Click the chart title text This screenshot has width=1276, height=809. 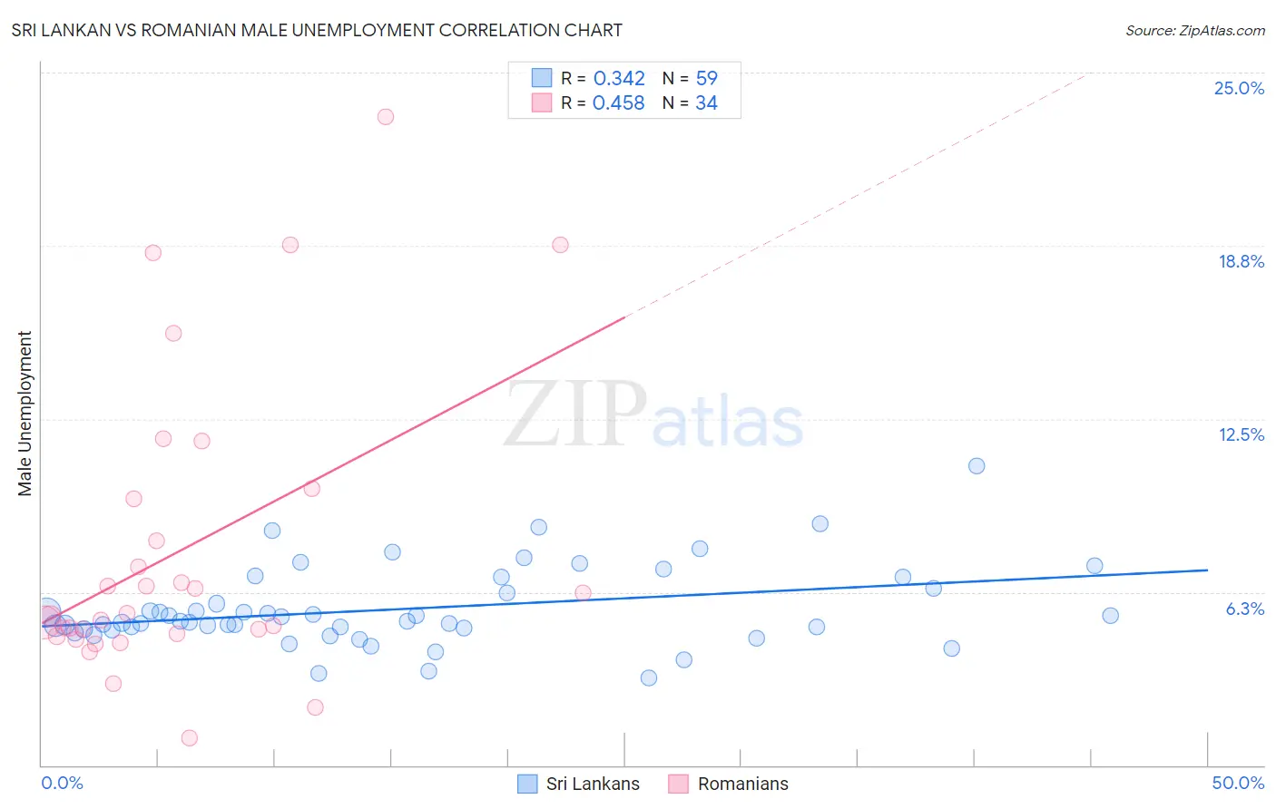pyautogui.click(x=317, y=30)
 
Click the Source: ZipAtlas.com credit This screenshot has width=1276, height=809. pyautogui.click(x=1194, y=31)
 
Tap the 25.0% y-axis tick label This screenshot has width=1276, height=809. pyautogui.click(x=1239, y=88)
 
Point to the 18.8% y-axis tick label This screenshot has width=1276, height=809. pyautogui.click(x=1241, y=261)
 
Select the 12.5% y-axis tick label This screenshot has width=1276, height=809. pyautogui.click(x=1241, y=434)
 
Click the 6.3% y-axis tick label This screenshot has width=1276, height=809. pyautogui.click(x=1244, y=609)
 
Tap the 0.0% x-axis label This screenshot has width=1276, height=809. pyautogui.click(x=62, y=783)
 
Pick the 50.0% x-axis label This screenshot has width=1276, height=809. pyautogui.click(x=1238, y=783)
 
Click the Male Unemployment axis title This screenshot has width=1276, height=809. pyautogui.click(x=25, y=414)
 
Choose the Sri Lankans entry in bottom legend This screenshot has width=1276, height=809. pyautogui.click(x=592, y=784)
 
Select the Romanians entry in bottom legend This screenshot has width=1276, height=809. pyautogui.click(x=742, y=784)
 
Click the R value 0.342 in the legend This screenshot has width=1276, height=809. pyautogui.click(x=619, y=79)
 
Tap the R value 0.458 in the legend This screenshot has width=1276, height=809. pyautogui.click(x=618, y=103)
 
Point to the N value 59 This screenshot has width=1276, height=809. pyautogui.click(x=706, y=79)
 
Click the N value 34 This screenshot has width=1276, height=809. pyautogui.click(x=706, y=103)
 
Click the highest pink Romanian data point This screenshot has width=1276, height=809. pyautogui.click(x=386, y=117)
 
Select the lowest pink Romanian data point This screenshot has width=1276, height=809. pyautogui.click(x=190, y=738)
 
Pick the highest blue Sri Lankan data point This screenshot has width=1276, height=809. pyautogui.click(x=977, y=466)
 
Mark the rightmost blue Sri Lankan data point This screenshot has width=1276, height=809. pyautogui.click(x=1110, y=616)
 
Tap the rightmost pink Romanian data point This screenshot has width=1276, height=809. pyautogui.click(x=584, y=593)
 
